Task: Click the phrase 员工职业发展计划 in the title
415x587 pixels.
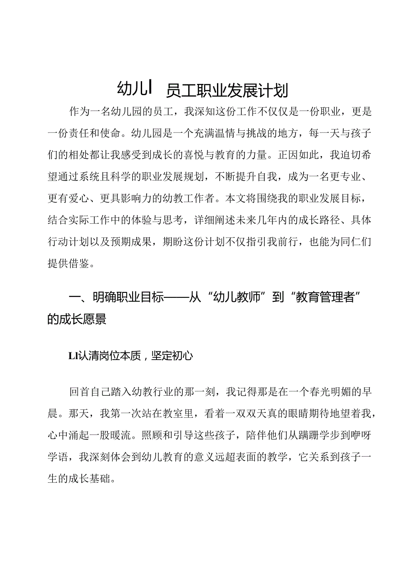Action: click(227, 90)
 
